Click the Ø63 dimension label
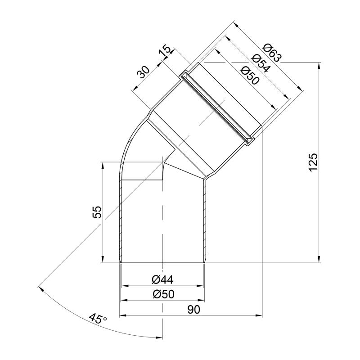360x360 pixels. (272, 53)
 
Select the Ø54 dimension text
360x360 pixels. (261, 63)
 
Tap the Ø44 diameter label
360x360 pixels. (162, 279)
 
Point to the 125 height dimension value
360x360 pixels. (313, 162)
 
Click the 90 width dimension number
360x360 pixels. (194, 310)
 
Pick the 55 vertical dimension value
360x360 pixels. (97, 212)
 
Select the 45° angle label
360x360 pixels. (98, 319)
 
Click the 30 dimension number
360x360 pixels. (143, 72)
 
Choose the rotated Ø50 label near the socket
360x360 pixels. (250, 75)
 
